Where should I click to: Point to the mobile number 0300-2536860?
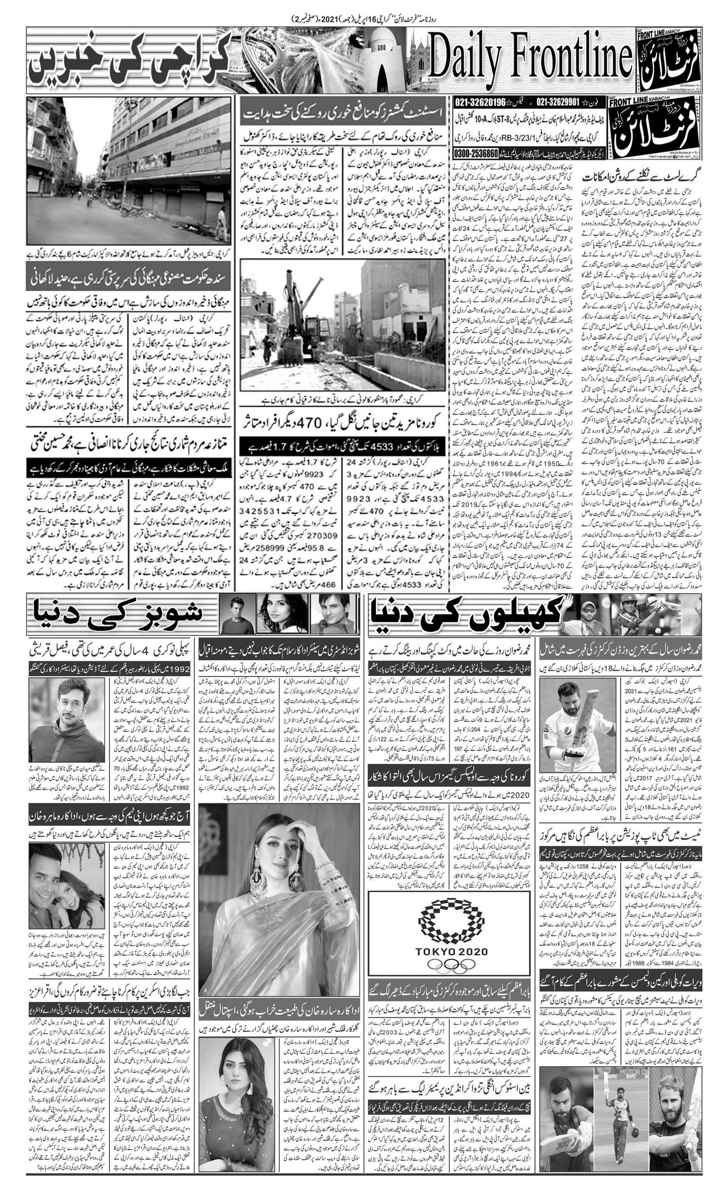476,153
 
